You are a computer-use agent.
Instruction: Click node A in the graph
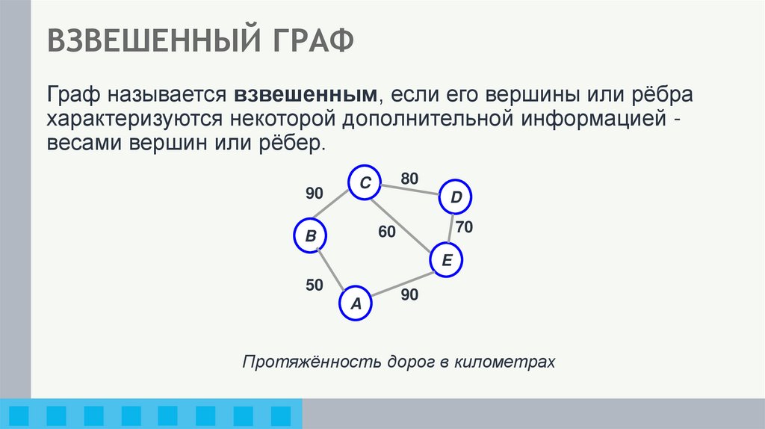[x=356, y=303]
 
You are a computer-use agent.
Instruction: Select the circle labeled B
[x=311, y=236]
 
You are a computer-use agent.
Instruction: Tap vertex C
[x=365, y=183]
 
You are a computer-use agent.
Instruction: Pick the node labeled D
[x=456, y=197]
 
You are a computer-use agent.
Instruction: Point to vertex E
[x=447, y=260]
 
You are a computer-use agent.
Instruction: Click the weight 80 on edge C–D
[x=409, y=179]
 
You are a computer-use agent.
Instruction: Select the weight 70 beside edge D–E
[x=465, y=228]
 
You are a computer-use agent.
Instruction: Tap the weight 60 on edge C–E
[x=386, y=232]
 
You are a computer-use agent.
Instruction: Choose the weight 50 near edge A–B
[x=314, y=285]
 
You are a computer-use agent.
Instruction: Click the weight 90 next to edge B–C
[x=314, y=194]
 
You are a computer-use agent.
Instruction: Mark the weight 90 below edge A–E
[x=409, y=294]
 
